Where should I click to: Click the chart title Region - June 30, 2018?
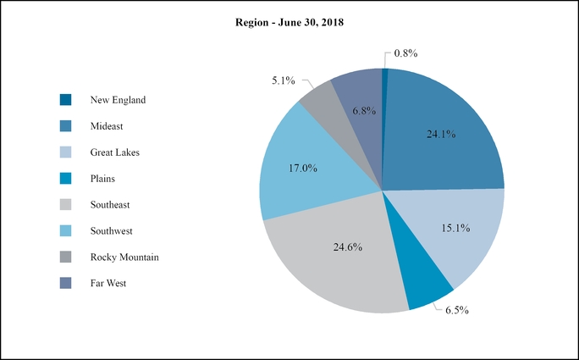[x=289, y=23]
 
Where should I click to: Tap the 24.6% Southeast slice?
[x=339, y=254]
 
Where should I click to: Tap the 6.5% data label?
[x=456, y=310]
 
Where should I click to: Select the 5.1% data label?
[x=284, y=80]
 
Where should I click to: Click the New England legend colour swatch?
[x=66, y=100]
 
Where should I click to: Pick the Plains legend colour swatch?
[x=66, y=179]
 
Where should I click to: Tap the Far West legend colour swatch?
[x=66, y=283]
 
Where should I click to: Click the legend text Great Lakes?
[x=115, y=152]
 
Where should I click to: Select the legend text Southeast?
[x=110, y=205]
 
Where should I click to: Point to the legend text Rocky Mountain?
[x=124, y=257]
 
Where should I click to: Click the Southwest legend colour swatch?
[x=66, y=230]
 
